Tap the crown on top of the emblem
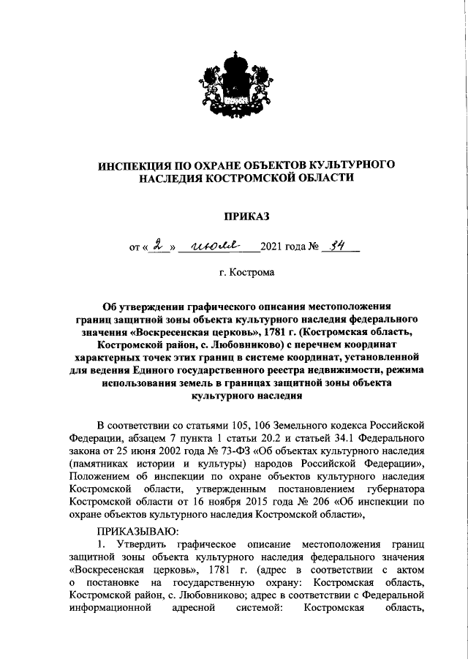(x=234, y=58)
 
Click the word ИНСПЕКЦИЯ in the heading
(x=139, y=165)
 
